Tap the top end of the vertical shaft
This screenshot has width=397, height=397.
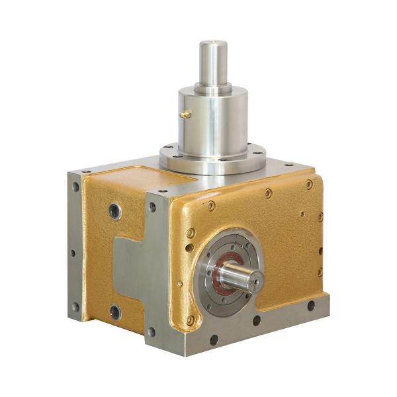click(x=213, y=44)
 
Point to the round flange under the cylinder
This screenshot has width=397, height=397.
click(x=213, y=159)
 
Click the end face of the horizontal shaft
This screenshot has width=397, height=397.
click(x=255, y=281)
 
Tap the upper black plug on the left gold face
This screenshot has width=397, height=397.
click(x=115, y=212)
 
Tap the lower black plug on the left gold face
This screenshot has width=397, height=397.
click(x=116, y=312)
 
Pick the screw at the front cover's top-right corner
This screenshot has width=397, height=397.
click(x=309, y=185)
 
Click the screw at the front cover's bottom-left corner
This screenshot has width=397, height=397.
click(x=191, y=320)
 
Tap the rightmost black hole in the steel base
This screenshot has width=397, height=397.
click(x=310, y=306)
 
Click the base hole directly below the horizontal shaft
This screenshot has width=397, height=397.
click(x=256, y=320)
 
